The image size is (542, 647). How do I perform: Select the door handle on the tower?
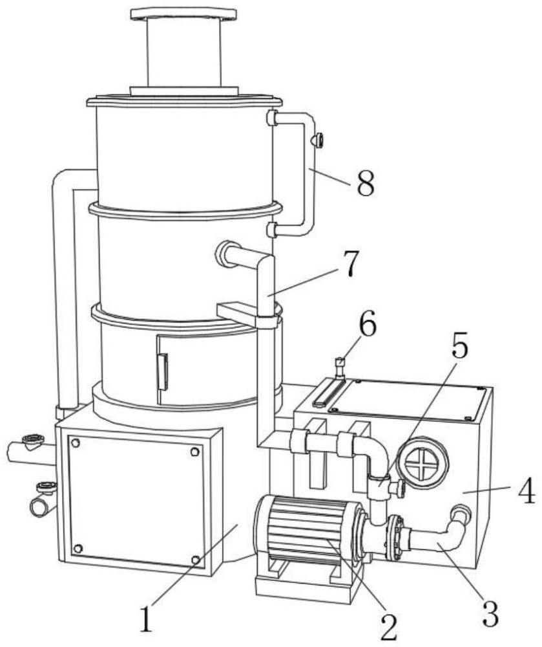click(162, 372)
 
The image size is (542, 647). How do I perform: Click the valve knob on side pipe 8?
click(318, 140)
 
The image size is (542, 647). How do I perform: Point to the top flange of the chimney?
click(183, 14)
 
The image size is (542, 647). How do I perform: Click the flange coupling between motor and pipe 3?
click(393, 536)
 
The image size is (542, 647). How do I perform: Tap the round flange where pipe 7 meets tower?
click(226, 253)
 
